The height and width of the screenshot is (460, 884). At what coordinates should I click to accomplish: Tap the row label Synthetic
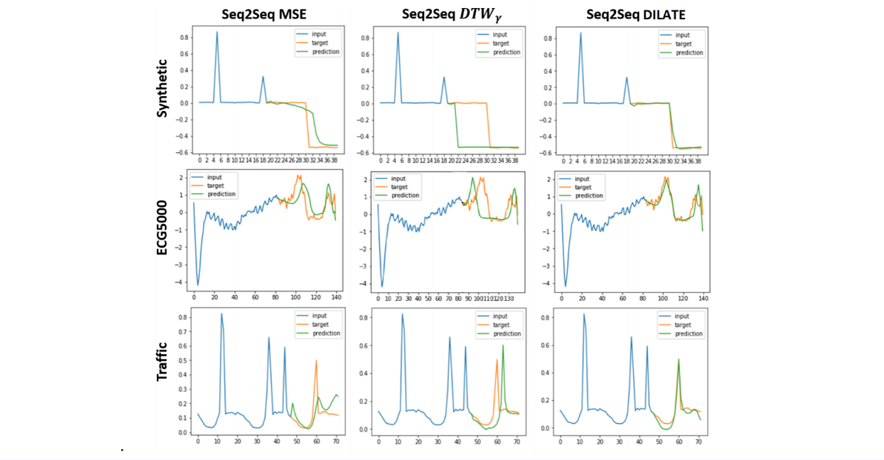pyautogui.click(x=164, y=91)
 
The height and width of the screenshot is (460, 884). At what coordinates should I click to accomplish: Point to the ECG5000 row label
pyautogui.click(x=164, y=229)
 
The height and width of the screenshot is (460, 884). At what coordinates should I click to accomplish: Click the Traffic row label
pyautogui.click(x=164, y=362)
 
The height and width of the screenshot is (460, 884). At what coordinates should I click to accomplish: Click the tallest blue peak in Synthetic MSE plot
pyautogui.click(x=217, y=32)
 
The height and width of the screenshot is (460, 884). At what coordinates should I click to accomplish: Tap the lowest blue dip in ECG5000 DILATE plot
pyautogui.click(x=566, y=285)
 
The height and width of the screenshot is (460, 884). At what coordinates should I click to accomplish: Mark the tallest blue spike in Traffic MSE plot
pyautogui.click(x=221, y=314)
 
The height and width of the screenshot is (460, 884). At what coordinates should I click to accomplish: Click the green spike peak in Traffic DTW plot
pyautogui.click(x=503, y=345)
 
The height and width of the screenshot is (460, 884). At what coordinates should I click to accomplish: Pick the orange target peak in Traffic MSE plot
pyautogui.click(x=316, y=360)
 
